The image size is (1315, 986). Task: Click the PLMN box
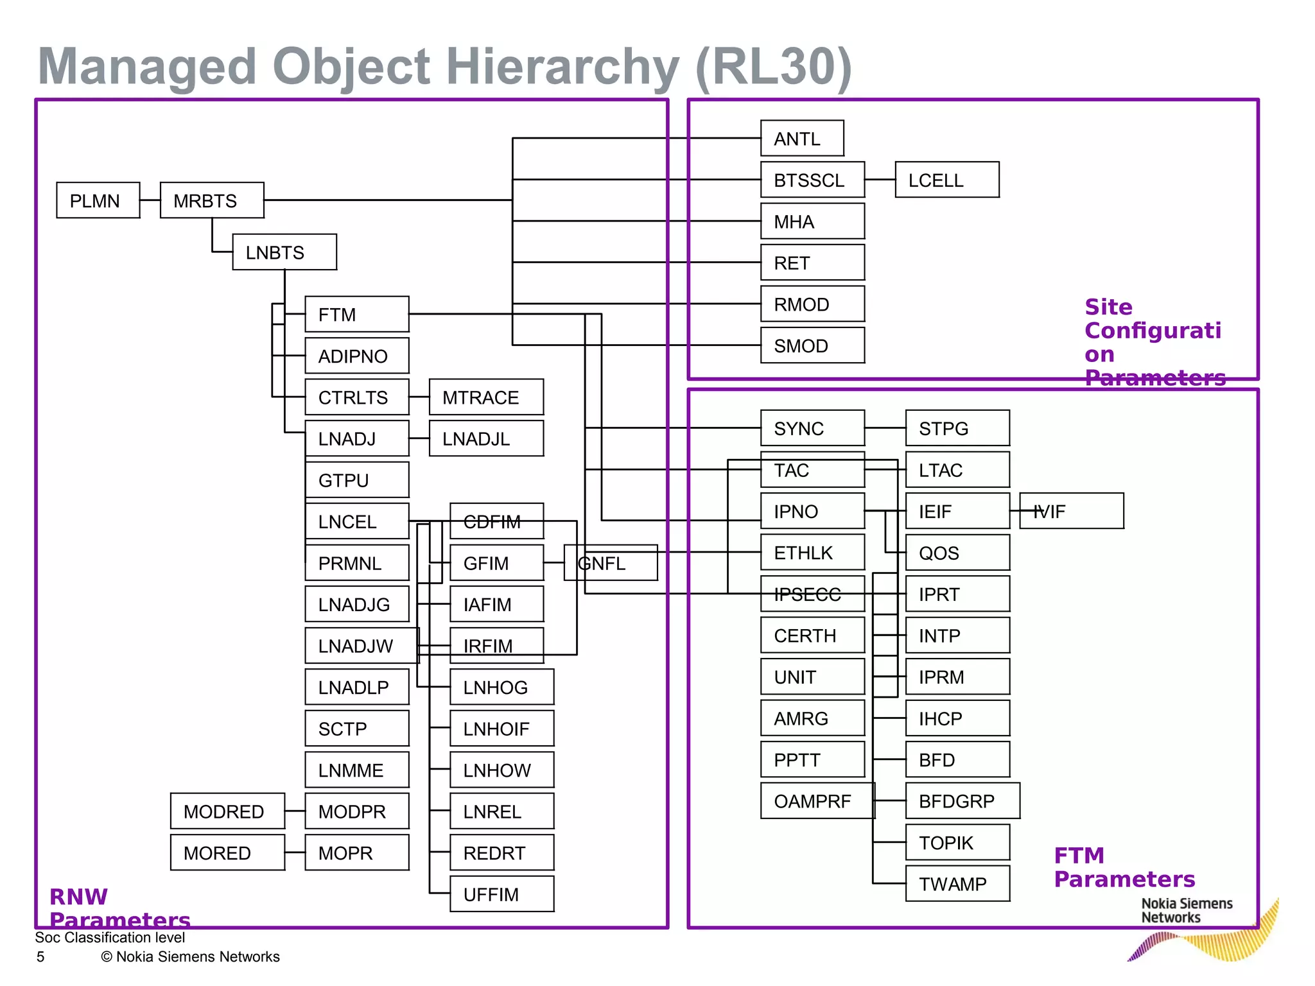pyautogui.click(x=98, y=200)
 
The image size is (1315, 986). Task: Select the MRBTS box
pyautogui.click(x=212, y=200)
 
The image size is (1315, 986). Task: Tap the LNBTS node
pyautogui.click(x=284, y=252)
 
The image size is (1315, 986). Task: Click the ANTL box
pyautogui.click(x=801, y=138)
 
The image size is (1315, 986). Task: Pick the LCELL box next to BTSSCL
pyautogui.click(x=946, y=180)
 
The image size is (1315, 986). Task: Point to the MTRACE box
pyautogui.click(x=486, y=397)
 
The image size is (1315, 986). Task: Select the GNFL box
pyautogui.click(x=610, y=562)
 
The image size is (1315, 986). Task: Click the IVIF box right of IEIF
pyautogui.click(x=1071, y=511)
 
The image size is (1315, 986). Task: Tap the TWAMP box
pyautogui.click(x=957, y=883)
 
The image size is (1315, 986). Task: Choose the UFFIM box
pyautogui.click(x=501, y=894)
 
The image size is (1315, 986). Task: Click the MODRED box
pyautogui.click(x=227, y=811)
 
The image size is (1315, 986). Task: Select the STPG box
pyautogui.click(x=957, y=428)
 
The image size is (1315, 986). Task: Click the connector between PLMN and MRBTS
pyautogui.click(x=150, y=200)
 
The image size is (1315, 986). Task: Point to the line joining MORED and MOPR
pyautogui.click(x=295, y=852)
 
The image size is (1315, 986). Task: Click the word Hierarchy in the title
pyautogui.click(x=562, y=66)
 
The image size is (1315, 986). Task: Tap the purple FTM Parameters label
pyautogui.click(x=1124, y=867)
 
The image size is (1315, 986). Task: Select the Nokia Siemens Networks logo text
pyautogui.click(x=1186, y=910)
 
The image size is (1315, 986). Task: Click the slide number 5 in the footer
pyautogui.click(x=40, y=956)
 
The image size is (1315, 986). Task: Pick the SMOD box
pyautogui.click(x=812, y=345)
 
